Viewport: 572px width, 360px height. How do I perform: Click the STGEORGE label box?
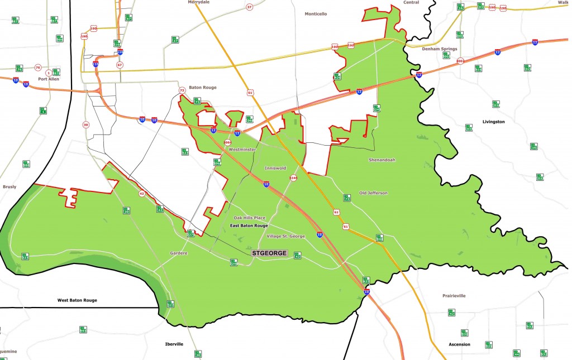coord(269,253)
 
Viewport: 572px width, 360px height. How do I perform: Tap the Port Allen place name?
coord(49,79)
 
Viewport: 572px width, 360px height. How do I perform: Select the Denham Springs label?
coord(441,49)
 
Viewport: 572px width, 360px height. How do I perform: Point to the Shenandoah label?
coord(382,160)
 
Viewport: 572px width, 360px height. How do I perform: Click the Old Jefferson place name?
coord(373,193)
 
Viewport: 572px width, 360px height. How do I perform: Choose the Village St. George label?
coord(285,236)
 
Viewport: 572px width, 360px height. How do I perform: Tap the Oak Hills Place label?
coord(249,218)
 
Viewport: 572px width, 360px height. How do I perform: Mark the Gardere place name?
coord(179,253)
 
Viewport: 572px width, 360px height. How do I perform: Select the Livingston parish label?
coord(493,121)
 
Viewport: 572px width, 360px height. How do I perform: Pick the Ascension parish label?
coord(460,344)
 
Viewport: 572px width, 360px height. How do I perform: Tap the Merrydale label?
coord(198,2)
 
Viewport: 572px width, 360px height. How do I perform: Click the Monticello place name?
coord(316,13)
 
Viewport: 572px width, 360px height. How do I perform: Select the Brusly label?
coord(9,187)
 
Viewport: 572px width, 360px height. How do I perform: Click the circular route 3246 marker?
coord(293,178)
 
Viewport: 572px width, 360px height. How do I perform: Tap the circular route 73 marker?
coord(182,90)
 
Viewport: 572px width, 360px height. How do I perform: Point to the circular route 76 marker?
coord(38,68)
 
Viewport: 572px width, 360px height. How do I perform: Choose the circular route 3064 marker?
coord(227,142)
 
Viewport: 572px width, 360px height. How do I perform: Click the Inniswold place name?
coord(275,167)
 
